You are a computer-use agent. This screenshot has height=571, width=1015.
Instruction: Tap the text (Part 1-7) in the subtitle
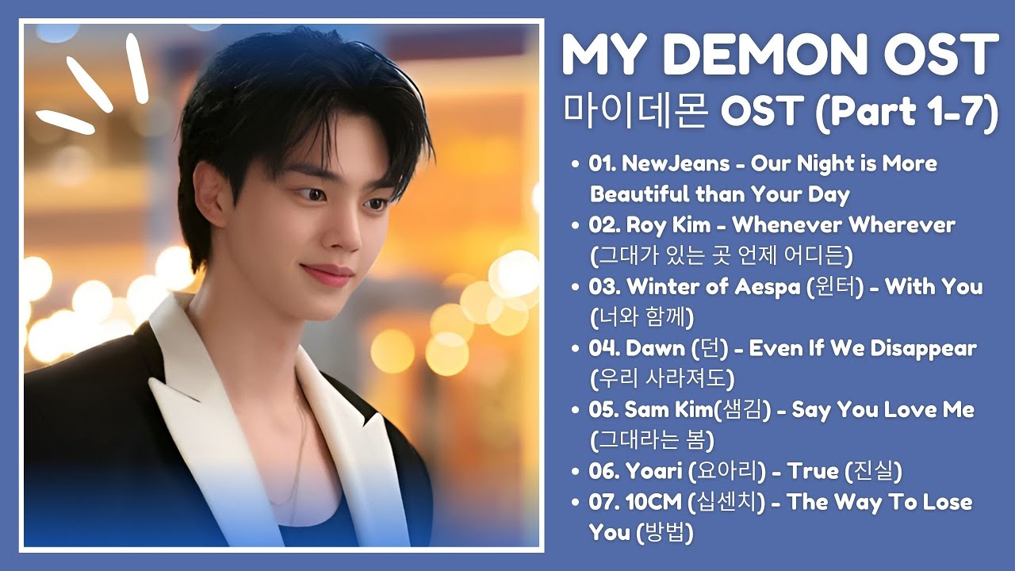(906, 110)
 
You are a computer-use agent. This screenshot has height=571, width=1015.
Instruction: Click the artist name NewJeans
(676, 163)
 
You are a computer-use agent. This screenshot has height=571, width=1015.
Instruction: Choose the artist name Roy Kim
(668, 226)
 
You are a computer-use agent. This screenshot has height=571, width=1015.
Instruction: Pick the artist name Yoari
(654, 471)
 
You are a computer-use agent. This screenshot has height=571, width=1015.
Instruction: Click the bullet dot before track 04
(576, 349)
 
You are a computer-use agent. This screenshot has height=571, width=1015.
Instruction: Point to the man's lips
(327, 274)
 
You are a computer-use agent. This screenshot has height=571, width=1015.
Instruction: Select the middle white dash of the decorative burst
(90, 85)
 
